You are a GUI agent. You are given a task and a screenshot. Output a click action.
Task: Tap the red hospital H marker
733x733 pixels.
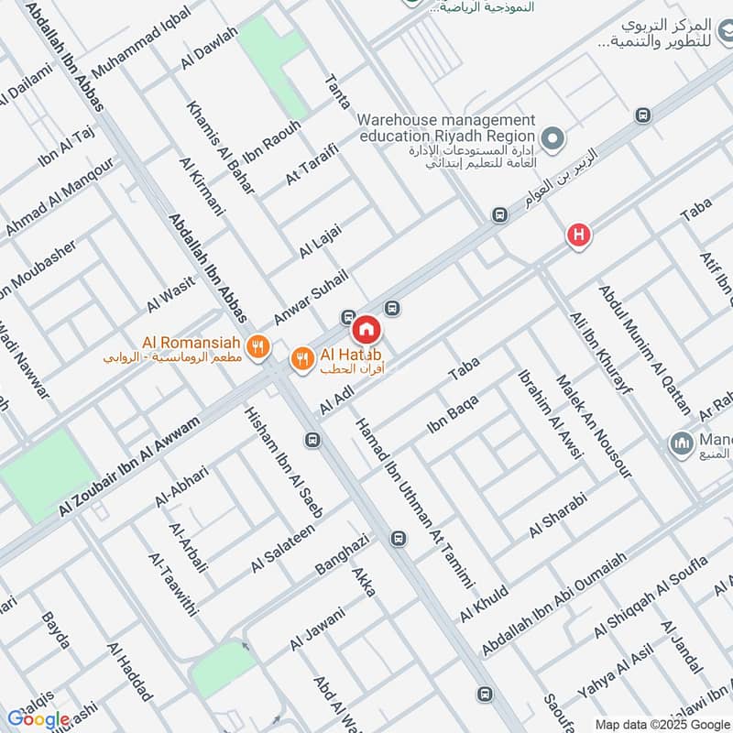[578, 235]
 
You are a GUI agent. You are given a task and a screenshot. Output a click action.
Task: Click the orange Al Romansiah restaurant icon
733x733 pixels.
[260, 346]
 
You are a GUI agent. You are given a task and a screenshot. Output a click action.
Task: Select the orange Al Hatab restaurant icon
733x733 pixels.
[301, 360]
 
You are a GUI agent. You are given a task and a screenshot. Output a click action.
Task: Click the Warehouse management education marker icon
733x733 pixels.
[552, 139]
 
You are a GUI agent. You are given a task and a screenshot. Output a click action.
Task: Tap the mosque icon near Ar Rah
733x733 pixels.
[681, 443]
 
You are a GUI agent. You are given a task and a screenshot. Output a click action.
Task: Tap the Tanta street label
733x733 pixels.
[338, 93]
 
